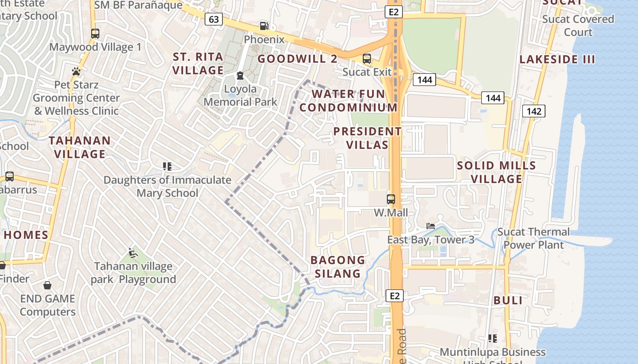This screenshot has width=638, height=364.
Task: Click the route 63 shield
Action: coord(213,19)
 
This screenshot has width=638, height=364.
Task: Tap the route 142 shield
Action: coord(534,111)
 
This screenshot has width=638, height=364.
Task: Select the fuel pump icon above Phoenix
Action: coord(264,26)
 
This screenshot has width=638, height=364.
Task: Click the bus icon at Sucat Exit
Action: coord(366,59)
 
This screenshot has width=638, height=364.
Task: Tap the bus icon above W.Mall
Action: coord(391,199)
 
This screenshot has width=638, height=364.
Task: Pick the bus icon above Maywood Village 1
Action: coord(95,34)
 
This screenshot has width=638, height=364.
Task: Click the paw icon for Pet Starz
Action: coord(76,71)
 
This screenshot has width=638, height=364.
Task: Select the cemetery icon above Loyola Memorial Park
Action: coord(240,76)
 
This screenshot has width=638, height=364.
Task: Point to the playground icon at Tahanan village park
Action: coord(133,253)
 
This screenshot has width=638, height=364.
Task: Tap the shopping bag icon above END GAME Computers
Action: coord(47,285)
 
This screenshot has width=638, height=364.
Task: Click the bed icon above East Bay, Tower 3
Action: coord(430,226)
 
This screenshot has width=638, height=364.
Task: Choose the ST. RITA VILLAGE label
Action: coord(198,64)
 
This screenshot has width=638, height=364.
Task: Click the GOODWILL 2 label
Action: coord(298,59)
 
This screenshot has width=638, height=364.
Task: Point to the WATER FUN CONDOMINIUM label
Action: coord(349,101)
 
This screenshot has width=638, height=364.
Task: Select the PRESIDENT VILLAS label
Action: coord(367,138)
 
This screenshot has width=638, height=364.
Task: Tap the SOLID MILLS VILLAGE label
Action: coord(496,172)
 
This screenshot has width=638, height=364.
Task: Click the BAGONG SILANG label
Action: coord(338,267)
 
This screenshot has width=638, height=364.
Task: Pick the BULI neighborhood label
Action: coord(508,300)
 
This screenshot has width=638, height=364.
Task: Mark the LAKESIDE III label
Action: coord(557,59)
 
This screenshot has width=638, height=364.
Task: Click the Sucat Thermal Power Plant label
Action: coord(533,238)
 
